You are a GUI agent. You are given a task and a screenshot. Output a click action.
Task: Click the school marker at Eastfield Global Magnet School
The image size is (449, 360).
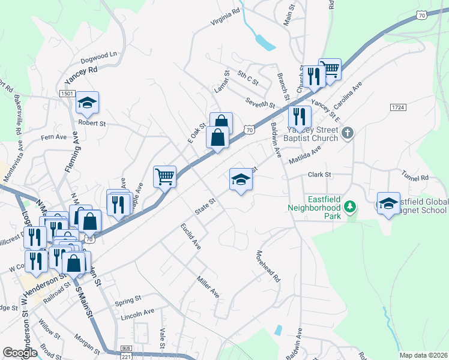click(388, 203)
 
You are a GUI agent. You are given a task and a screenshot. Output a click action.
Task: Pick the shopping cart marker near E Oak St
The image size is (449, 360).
click(164, 176)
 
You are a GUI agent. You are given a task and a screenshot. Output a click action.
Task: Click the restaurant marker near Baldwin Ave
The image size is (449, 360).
click(300, 116)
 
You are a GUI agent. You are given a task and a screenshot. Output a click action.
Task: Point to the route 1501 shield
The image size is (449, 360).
click(67, 94)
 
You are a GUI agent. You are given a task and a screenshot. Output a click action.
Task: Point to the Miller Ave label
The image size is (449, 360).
click(208, 286)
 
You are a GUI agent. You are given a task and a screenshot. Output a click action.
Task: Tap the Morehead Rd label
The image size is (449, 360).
click(268, 266)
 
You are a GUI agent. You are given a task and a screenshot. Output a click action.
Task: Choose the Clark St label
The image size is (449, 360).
click(319, 175)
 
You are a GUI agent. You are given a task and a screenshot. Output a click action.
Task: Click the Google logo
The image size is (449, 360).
click(19, 353)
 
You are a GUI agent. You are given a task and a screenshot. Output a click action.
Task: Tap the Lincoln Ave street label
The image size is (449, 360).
click(137, 313)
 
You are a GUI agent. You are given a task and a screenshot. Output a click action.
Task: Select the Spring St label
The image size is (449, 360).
click(128, 298)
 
